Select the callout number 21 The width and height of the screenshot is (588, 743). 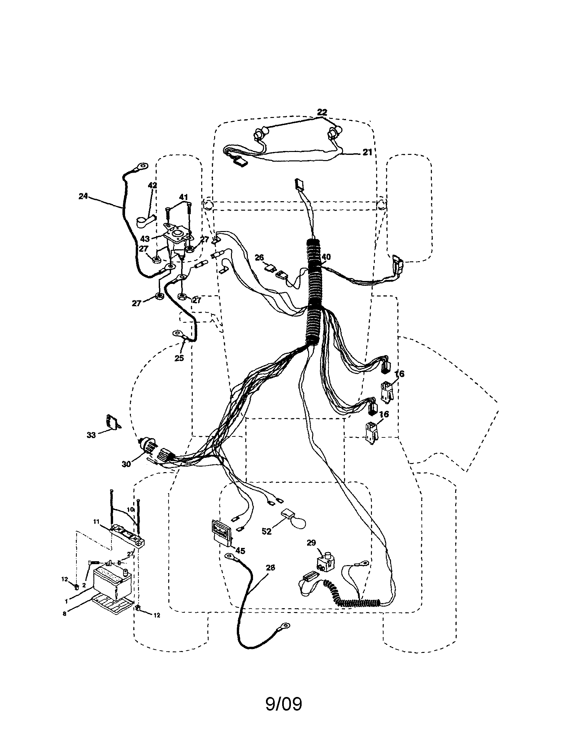click(x=368, y=152)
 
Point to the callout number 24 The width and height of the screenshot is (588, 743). click(x=83, y=196)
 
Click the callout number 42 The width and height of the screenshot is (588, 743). click(x=152, y=185)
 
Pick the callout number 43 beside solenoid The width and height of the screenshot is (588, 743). click(x=144, y=238)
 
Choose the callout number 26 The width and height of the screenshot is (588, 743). click(x=259, y=257)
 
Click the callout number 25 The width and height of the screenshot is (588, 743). click(x=179, y=358)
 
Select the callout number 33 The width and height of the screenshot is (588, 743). click(x=91, y=435)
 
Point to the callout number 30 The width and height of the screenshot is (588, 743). click(x=126, y=464)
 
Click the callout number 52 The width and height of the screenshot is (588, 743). click(x=266, y=531)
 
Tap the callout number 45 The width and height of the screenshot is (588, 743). click(x=240, y=551)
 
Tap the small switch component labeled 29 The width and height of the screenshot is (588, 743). click(x=325, y=564)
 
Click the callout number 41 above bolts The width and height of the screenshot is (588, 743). click(x=183, y=197)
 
